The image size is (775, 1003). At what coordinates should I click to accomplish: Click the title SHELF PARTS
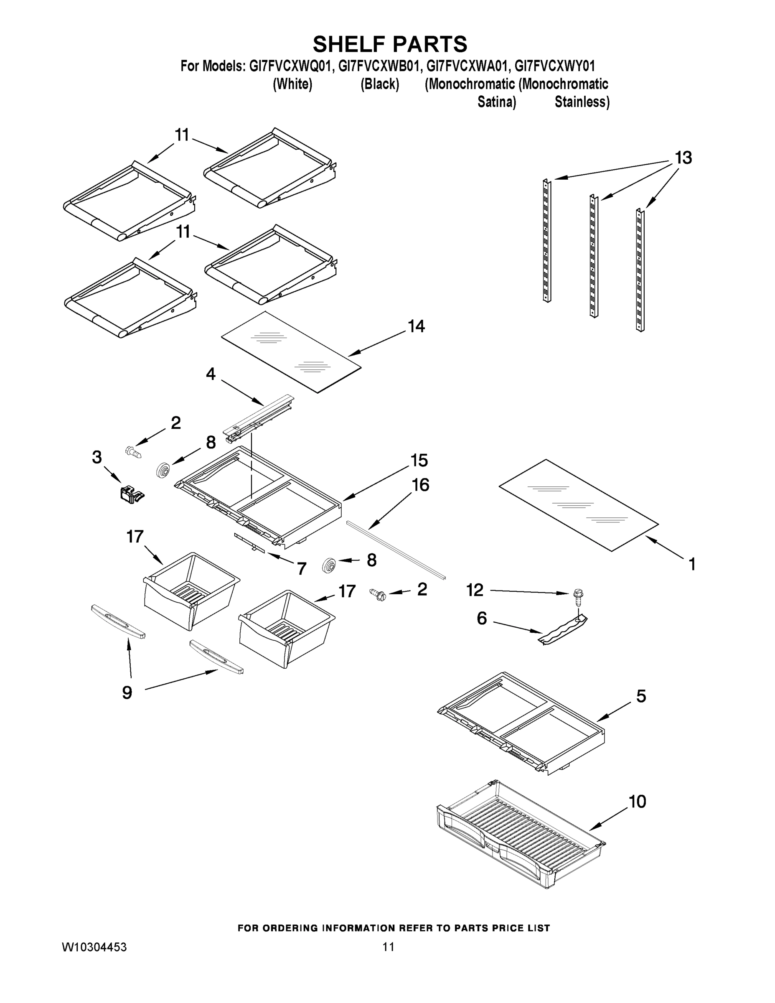pyautogui.click(x=390, y=45)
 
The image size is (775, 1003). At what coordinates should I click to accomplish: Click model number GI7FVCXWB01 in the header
pyautogui.click(x=379, y=66)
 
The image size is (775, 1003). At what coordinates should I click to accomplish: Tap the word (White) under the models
pyautogui.click(x=292, y=84)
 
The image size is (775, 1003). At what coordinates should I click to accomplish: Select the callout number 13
pyautogui.click(x=683, y=158)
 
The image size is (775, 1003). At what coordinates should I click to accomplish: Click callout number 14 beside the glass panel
pyautogui.click(x=416, y=326)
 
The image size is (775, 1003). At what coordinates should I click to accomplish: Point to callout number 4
pyautogui.click(x=211, y=374)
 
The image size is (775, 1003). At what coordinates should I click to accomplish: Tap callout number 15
pyautogui.click(x=419, y=460)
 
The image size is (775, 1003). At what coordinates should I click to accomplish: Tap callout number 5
pyautogui.click(x=641, y=696)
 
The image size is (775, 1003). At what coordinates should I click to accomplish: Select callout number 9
pyautogui.click(x=127, y=692)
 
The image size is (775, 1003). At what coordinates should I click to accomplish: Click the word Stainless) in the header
pyautogui.click(x=582, y=102)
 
